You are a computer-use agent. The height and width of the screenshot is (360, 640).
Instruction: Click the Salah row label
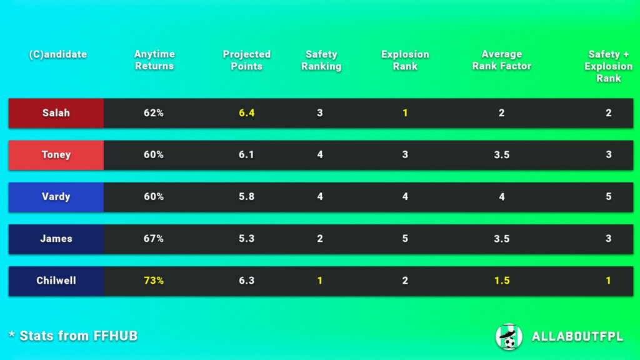click(x=56, y=113)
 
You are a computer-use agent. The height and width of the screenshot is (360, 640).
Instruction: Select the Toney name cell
click(x=56, y=155)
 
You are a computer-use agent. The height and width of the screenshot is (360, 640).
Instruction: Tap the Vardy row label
click(x=56, y=197)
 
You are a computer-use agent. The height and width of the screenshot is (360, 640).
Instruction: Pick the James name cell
click(x=56, y=239)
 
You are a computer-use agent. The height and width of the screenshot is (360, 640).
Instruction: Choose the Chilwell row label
click(x=56, y=281)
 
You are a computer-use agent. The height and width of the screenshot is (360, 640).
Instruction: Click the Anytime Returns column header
click(x=154, y=60)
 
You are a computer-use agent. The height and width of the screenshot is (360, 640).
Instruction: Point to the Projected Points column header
click(x=247, y=60)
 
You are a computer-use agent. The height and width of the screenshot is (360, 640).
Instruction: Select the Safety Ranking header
click(x=321, y=60)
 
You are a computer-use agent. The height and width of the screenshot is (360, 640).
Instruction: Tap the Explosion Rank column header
click(x=405, y=60)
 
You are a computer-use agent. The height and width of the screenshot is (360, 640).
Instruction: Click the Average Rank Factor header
click(x=501, y=60)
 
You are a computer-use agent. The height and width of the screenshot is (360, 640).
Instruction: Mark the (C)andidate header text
click(x=58, y=54)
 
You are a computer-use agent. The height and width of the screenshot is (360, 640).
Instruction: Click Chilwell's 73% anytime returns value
click(x=154, y=281)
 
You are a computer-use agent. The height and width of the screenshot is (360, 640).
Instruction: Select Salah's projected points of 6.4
click(x=247, y=113)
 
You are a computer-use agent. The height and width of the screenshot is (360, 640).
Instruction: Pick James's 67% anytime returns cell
click(x=154, y=239)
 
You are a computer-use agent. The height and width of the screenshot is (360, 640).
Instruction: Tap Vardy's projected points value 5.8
click(x=247, y=197)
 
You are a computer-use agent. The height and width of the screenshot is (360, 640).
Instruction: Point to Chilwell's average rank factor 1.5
click(x=501, y=281)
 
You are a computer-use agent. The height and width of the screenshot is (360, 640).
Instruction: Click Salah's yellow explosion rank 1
click(x=405, y=113)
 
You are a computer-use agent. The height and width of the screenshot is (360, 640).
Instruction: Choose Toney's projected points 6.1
click(x=247, y=155)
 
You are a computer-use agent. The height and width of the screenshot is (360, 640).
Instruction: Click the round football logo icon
click(x=509, y=336)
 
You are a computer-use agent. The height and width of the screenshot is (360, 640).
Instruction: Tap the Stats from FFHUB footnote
click(x=73, y=336)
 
